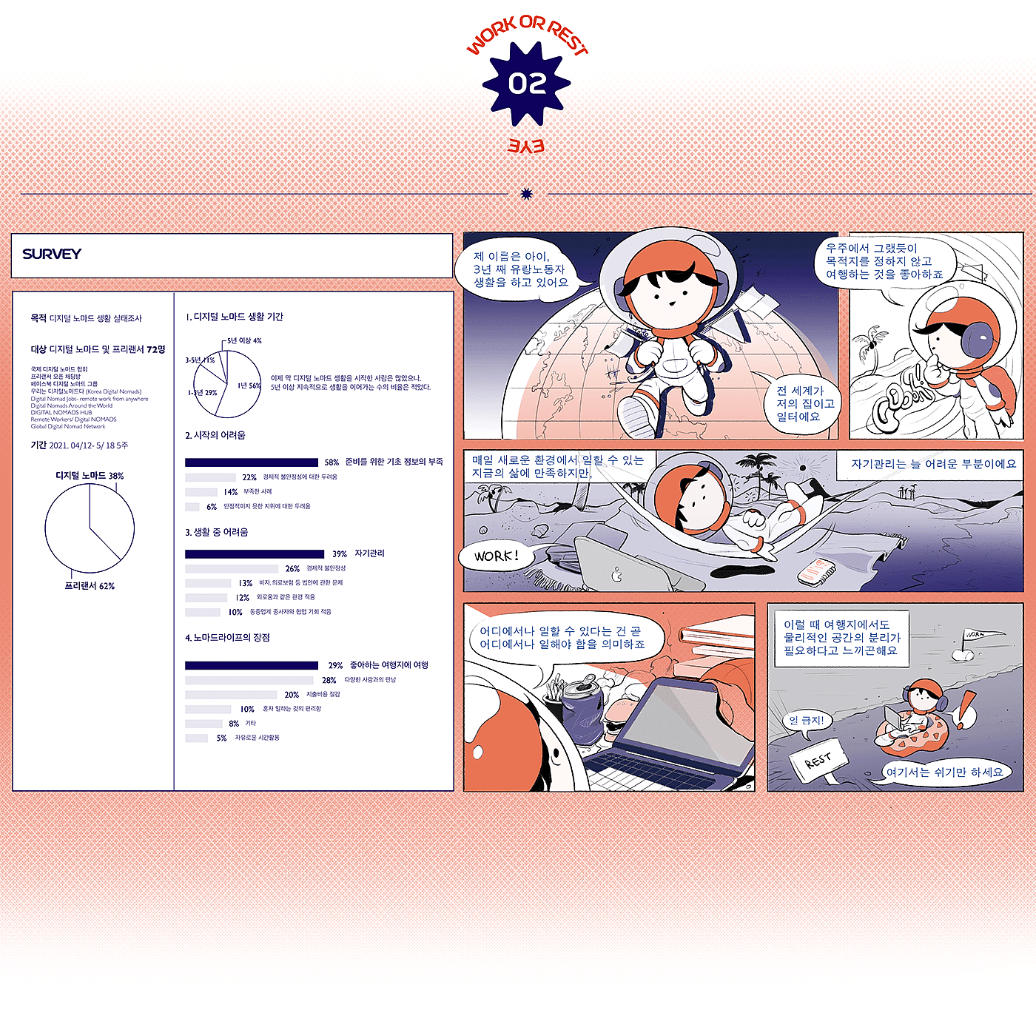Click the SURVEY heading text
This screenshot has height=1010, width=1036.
[x=52, y=254]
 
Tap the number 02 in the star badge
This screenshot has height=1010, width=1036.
[x=527, y=84]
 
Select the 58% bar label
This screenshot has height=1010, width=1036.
[x=332, y=462]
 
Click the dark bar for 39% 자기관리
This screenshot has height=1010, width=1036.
[x=254, y=553]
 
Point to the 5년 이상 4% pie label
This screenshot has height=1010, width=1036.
[x=244, y=341]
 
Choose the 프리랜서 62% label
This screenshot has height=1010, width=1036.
[x=90, y=586]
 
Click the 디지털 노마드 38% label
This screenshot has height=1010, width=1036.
[x=90, y=476]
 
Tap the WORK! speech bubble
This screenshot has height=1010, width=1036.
[x=496, y=556]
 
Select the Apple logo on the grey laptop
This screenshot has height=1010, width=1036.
[x=616, y=574]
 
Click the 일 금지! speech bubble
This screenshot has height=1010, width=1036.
[x=806, y=720]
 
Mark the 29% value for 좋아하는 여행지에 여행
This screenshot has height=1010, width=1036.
[x=335, y=665]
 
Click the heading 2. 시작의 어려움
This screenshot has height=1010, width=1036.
[x=215, y=435]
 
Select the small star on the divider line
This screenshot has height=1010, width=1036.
[x=527, y=194]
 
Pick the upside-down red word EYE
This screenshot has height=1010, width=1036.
[x=526, y=146]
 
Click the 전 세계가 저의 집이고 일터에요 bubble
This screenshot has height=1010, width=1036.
[x=805, y=403]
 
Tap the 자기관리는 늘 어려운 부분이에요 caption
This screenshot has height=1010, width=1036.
[x=933, y=464]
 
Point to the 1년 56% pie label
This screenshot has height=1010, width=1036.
[x=249, y=386]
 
